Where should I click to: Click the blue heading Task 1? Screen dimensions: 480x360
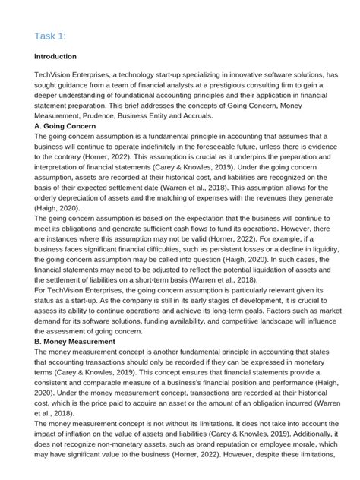coord(51,36)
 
